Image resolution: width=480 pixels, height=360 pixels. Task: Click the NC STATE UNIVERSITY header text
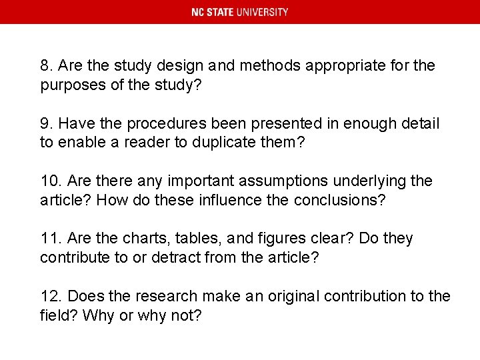[x=240, y=12]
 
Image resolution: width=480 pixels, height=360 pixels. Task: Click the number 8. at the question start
[x=46, y=66]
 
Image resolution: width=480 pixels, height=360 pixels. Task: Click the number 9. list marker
[x=46, y=123]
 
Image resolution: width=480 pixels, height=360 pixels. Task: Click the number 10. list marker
[x=50, y=181]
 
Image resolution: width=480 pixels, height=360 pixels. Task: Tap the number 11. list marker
[x=50, y=238]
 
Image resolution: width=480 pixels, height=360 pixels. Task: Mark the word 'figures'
[x=274, y=238]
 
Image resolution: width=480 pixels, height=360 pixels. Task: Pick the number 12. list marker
[x=50, y=295]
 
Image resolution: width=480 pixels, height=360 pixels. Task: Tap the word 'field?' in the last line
[x=59, y=315]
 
